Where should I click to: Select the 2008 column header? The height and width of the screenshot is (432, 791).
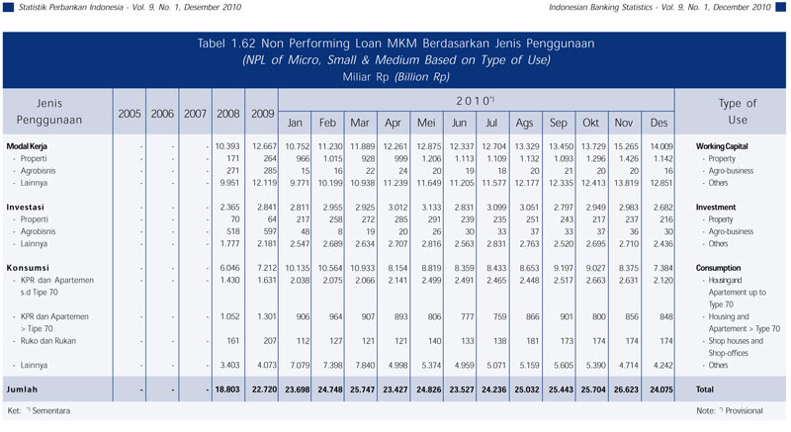tap(228, 114)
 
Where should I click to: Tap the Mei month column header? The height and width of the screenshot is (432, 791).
tap(428, 123)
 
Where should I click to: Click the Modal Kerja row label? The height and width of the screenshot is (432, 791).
tap(29, 146)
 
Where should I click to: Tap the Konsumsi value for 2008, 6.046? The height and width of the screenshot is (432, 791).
tap(228, 267)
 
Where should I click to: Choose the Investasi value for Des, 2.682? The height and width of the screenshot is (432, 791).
tap(658, 207)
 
